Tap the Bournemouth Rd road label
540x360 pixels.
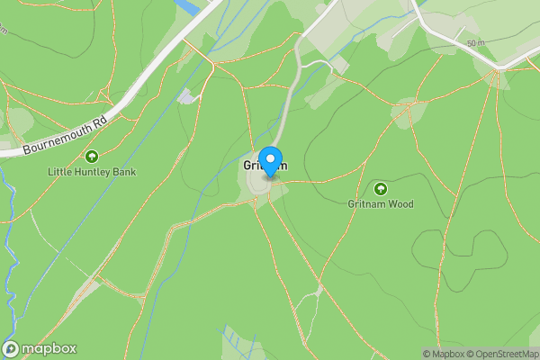(x=65, y=133)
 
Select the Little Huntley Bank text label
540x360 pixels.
(x=93, y=171)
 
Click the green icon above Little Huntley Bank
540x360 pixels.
(x=92, y=156)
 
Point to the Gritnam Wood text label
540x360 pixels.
(x=381, y=204)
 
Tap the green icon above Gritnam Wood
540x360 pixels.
(x=380, y=188)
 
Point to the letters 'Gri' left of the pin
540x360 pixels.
(x=250, y=166)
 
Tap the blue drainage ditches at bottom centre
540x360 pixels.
(x=232, y=342)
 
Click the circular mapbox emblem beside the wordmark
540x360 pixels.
(x=12, y=349)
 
